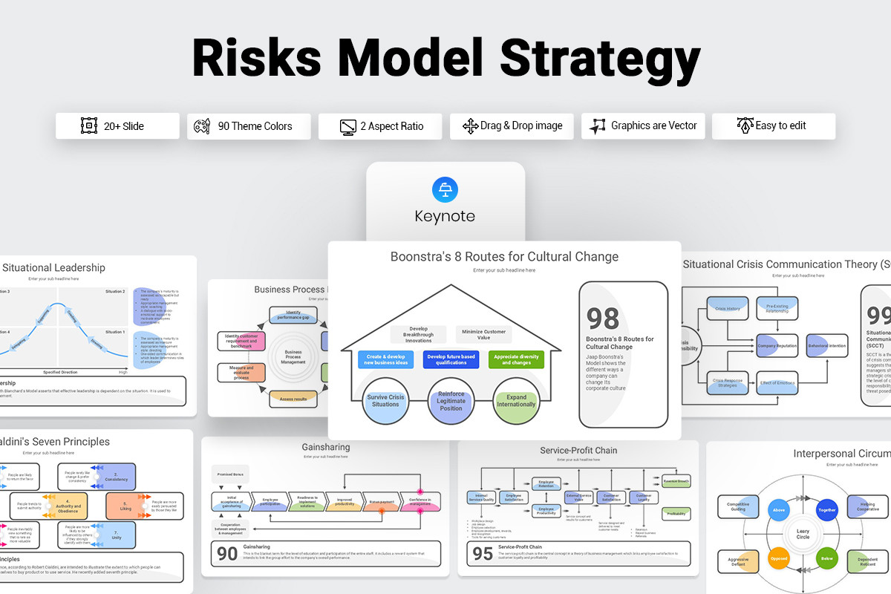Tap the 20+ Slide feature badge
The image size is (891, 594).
click(x=117, y=126)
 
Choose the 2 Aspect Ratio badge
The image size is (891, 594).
click(x=380, y=126)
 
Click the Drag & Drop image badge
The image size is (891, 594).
click(x=512, y=126)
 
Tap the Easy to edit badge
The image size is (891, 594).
click(x=774, y=126)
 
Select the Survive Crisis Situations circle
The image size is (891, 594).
click(x=386, y=400)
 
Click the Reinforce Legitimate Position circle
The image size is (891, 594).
click(x=451, y=400)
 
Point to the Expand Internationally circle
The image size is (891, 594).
click(x=516, y=400)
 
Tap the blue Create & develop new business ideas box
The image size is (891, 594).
click(x=386, y=360)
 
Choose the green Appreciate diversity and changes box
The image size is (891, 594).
click(x=516, y=360)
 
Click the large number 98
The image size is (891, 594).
click(x=603, y=319)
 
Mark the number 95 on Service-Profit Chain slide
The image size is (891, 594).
click(x=483, y=552)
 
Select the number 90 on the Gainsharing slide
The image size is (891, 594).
click(x=226, y=552)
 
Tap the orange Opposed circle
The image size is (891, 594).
click(x=778, y=558)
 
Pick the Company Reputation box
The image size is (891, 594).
click(x=777, y=346)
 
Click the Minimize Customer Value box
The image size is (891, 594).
click(x=483, y=335)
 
